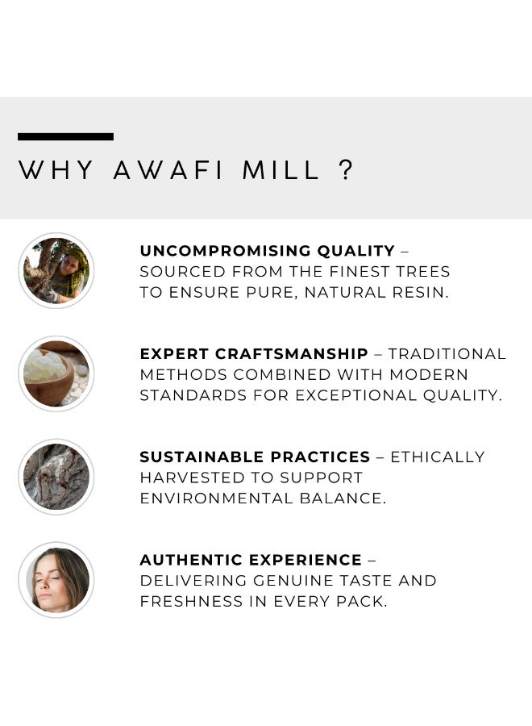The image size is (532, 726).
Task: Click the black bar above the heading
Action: click(65, 136)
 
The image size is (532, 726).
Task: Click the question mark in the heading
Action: click(347, 170)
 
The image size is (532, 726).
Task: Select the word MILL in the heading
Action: click(286, 170)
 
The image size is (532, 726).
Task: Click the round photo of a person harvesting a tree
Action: click(56, 270)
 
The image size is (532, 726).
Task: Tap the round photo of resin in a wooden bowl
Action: click(56, 373)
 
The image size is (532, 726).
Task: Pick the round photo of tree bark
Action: click(56, 477)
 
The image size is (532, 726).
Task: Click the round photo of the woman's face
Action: click(56, 580)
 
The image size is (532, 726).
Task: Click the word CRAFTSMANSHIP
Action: click(292, 354)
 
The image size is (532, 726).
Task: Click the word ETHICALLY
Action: click(438, 457)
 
